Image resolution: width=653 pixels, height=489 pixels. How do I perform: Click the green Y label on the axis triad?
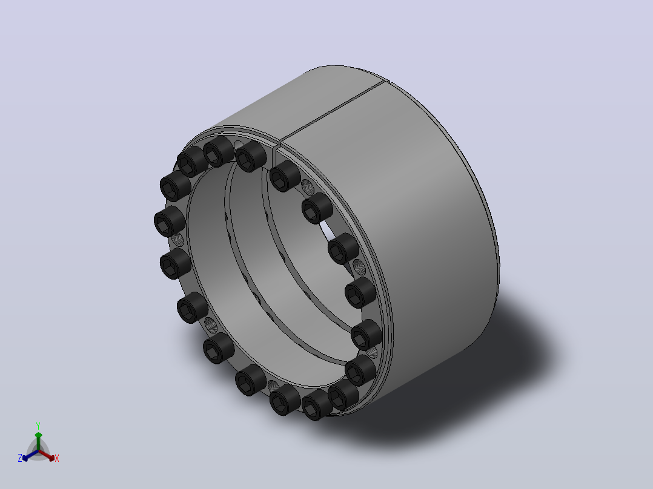point(38,425)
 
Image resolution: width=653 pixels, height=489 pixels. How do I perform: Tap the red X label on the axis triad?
point(57,458)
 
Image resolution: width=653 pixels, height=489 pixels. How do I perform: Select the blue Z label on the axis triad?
point(20,458)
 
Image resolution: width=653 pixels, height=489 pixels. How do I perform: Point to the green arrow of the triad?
point(38,441)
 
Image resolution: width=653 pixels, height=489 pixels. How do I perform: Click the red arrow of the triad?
point(47,455)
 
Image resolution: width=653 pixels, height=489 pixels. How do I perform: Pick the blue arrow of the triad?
point(30,455)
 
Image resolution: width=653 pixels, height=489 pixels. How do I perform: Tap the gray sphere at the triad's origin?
point(38,451)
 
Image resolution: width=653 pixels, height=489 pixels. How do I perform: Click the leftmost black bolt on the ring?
point(169,221)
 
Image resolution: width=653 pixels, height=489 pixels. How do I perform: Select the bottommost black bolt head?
point(317,405)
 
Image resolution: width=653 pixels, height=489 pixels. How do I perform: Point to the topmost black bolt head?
point(219,151)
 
